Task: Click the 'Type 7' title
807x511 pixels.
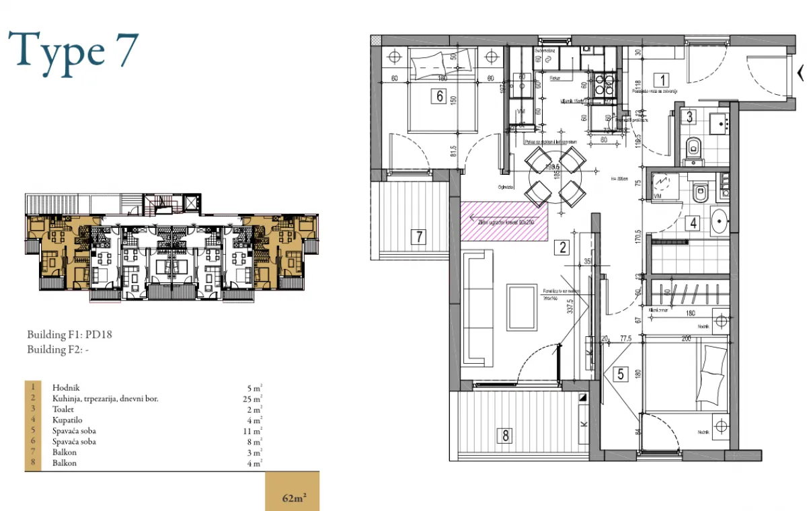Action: tap(73, 51)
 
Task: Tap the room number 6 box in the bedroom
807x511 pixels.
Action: tap(440, 96)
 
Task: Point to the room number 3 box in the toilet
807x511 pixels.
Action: tap(690, 116)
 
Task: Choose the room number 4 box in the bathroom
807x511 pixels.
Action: tap(692, 223)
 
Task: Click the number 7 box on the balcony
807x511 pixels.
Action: tap(418, 236)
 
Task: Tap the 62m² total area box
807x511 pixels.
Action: tap(293, 498)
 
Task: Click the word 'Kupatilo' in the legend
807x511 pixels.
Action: tap(66, 420)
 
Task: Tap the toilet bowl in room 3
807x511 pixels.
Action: tap(693, 147)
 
